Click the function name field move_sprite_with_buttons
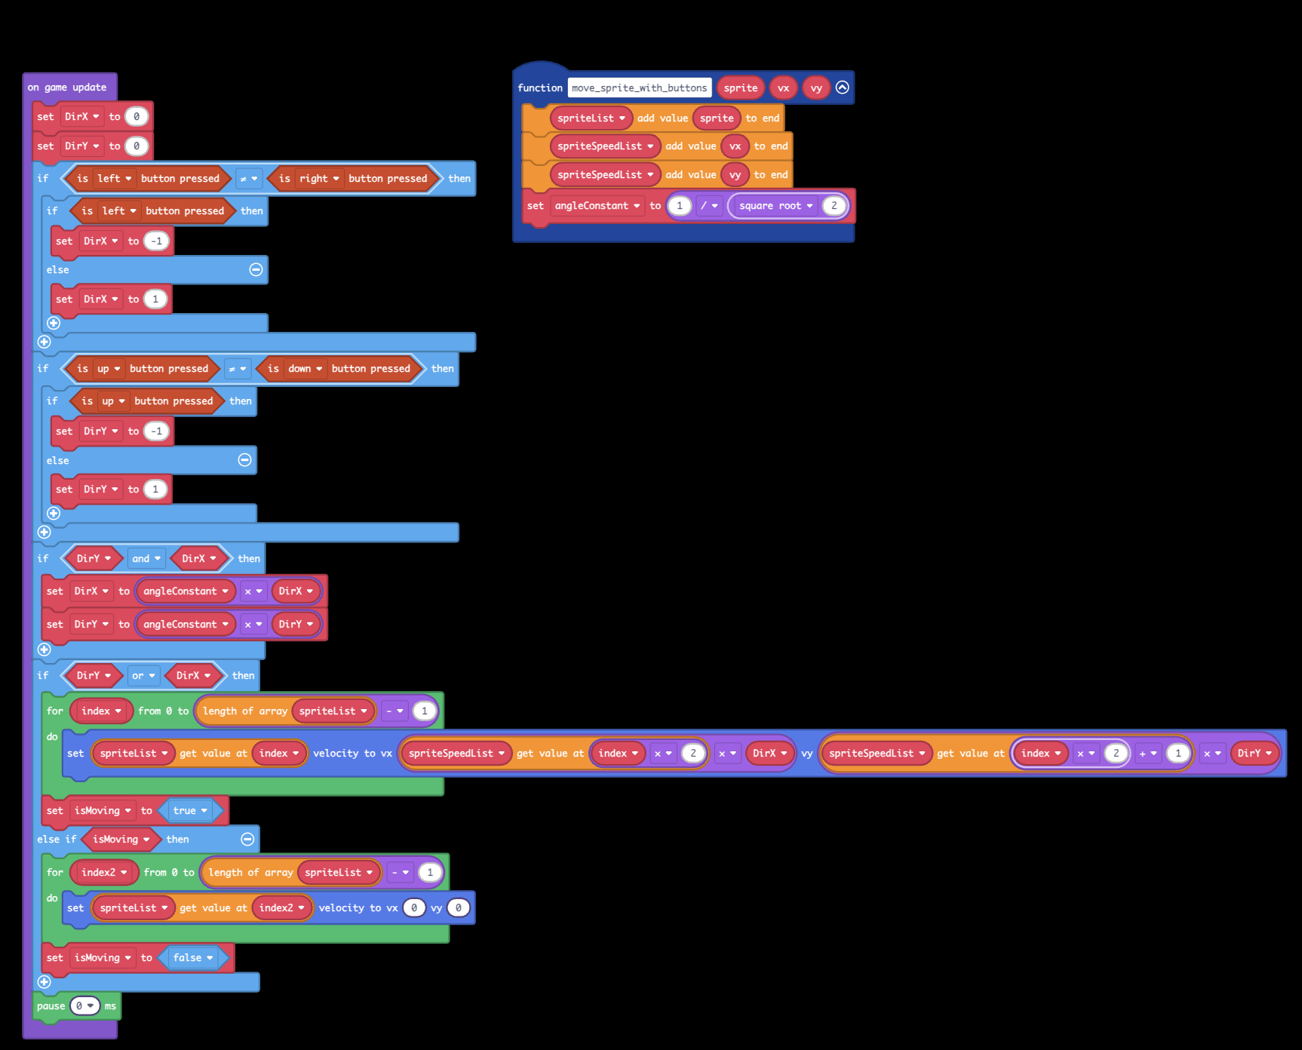[639, 88]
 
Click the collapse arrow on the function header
[843, 87]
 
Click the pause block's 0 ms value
[84, 1006]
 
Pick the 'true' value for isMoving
[189, 811]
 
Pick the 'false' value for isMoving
[192, 958]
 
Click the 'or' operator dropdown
[143, 676]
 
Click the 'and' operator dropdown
[146, 559]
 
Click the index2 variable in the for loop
[104, 873]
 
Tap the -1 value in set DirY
[157, 431]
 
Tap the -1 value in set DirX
[157, 241]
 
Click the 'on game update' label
[67, 87]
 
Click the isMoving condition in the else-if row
[121, 840]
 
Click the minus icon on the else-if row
[247, 840]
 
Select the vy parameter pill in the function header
[816, 88]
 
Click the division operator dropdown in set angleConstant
[709, 206]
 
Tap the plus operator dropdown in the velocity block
[1147, 754]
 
